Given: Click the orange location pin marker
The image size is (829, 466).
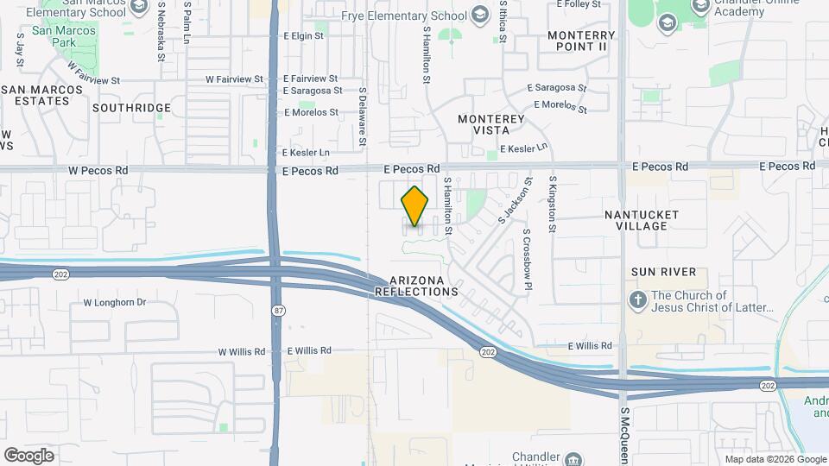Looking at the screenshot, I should click(x=415, y=205).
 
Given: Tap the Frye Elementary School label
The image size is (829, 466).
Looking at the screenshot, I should click(x=415, y=15).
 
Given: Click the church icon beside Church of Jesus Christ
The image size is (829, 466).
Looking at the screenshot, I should click(x=637, y=299).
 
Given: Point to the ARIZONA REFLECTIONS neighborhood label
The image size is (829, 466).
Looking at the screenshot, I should click(x=416, y=287).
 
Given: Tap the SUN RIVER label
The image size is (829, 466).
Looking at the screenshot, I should click(x=663, y=272).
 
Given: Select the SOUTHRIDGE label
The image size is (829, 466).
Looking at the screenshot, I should click(x=131, y=108).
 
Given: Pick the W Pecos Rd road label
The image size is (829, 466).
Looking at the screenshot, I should click(x=98, y=170).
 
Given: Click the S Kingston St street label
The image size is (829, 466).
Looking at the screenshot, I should click(x=553, y=205).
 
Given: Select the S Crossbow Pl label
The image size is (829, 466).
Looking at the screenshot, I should click(x=526, y=249).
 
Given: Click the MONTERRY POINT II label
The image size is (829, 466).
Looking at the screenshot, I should click(x=577, y=41).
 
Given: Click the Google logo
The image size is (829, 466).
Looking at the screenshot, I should click(x=28, y=455).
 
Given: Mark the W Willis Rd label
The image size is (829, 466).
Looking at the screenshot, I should click(x=241, y=352).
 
